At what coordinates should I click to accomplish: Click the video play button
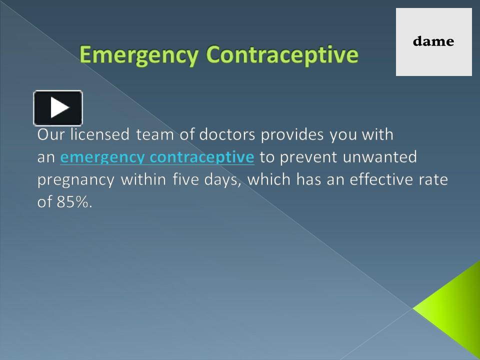(x=58, y=107)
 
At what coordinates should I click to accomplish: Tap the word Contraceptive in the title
(x=282, y=55)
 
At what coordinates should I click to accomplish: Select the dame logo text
(x=433, y=41)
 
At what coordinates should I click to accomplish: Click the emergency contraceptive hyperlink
(x=157, y=157)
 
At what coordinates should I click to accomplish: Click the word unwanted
(x=380, y=157)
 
